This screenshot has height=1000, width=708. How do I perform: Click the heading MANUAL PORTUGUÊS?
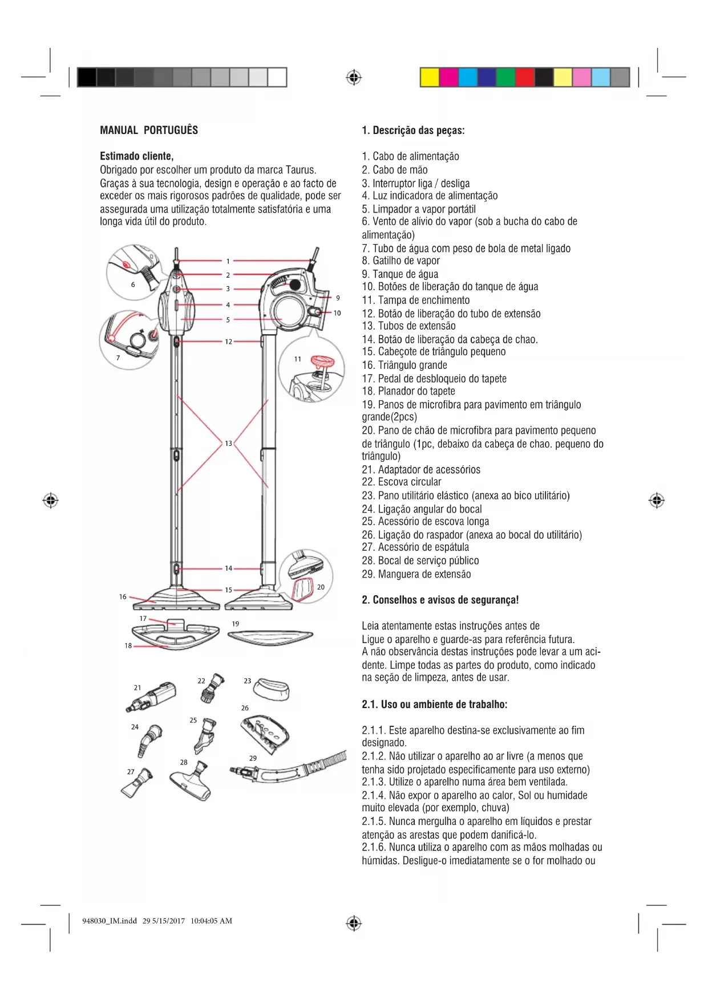point(149,130)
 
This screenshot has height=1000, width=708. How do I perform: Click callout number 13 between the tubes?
point(228,443)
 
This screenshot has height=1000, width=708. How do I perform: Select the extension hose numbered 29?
point(291,769)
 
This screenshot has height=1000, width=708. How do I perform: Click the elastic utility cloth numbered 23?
point(272,689)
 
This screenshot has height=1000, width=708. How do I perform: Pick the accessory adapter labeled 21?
point(153,697)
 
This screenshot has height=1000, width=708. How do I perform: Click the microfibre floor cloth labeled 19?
point(270,637)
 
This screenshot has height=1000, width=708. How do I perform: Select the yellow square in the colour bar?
point(430,77)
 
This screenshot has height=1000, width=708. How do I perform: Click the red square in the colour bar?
point(524,77)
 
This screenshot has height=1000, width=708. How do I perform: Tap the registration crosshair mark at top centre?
point(354,77)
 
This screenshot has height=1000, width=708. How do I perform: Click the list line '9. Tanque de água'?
point(400,274)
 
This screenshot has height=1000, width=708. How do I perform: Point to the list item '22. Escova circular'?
point(401,482)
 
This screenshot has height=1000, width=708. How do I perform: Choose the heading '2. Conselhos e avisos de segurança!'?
point(440,600)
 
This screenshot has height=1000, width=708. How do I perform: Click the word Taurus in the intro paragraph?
point(301,170)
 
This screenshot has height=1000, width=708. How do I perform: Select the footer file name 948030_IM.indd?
point(110,920)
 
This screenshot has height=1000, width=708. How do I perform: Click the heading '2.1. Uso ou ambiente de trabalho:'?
point(434,704)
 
